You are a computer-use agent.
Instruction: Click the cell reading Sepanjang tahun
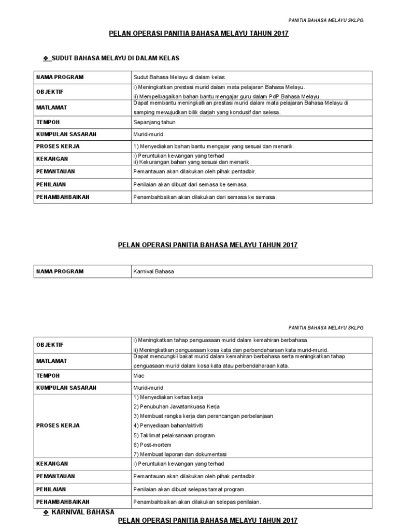point(154,122)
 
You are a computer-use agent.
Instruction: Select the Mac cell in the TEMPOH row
point(138,376)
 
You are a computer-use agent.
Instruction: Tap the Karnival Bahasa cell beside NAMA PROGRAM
point(153,271)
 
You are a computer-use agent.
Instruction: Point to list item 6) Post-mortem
point(152,445)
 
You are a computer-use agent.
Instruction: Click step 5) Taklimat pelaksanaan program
point(174,435)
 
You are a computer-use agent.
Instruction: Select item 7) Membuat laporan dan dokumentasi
point(180,454)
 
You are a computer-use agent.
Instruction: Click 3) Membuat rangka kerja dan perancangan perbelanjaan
point(203,416)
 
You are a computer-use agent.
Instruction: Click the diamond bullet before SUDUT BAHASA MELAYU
point(46,58)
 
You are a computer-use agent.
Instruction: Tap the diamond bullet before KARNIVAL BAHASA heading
point(46,512)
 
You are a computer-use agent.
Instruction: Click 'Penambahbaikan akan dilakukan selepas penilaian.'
point(197,502)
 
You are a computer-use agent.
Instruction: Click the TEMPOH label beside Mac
point(48,376)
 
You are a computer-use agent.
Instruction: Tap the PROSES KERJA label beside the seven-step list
point(58,425)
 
